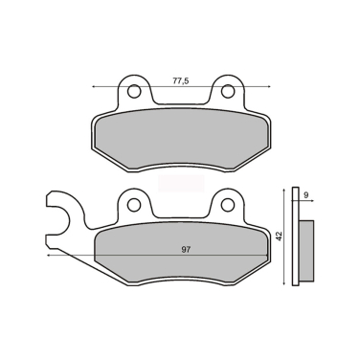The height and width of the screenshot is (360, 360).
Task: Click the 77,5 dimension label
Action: [x=181, y=80]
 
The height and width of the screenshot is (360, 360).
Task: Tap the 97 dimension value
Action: [x=186, y=250]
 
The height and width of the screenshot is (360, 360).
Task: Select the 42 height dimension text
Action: [x=280, y=236]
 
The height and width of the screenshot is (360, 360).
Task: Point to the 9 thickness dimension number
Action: [x=306, y=195]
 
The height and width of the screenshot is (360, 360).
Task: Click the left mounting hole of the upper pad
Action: [x=134, y=92]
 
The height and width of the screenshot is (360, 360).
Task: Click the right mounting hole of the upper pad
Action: [x=228, y=92]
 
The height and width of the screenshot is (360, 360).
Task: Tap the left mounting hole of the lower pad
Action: [x=134, y=205]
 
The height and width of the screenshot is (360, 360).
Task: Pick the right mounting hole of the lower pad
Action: [x=228, y=205]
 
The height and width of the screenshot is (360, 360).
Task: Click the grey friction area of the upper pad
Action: [x=181, y=139]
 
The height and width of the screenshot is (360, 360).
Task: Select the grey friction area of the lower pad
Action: [x=181, y=252]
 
